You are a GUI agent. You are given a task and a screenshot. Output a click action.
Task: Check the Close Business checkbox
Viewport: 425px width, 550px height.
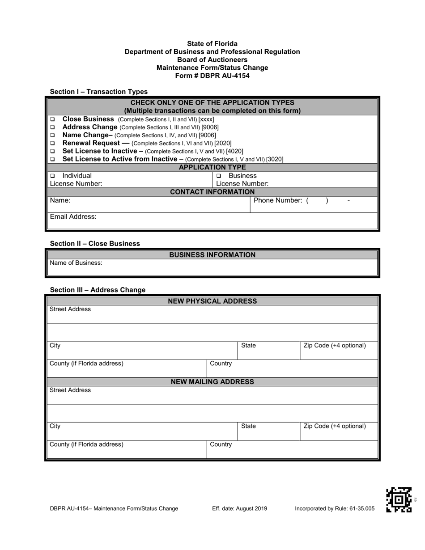pyautogui.click(x=52, y=120)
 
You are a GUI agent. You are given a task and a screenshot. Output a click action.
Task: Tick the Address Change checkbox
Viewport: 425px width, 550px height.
pyautogui.click(x=52, y=127)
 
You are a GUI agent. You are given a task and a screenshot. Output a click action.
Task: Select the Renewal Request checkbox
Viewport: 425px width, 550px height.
pyautogui.click(x=52, y=144)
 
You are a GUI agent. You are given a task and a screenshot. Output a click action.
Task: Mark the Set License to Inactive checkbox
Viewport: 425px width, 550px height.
pyautogui.click(x=52, y=151)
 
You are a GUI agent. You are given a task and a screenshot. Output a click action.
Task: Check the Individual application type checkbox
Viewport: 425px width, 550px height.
pyautogui.click(x=52, y=176)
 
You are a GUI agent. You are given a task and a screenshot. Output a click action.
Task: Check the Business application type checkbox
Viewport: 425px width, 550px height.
pyautogui.click(x=219, y=176)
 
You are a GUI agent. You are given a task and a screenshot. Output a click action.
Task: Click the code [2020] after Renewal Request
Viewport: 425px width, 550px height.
pyautogui.click(x=223, y=144)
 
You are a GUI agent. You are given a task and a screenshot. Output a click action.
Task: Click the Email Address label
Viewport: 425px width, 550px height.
pyautogui.click(x=73, y=217)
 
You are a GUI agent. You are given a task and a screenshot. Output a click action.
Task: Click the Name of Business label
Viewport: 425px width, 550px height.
pyautogui.click(x=76, y=263)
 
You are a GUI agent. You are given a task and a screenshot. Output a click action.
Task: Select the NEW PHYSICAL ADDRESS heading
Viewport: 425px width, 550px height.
pyautogui.click(x=212, y=301)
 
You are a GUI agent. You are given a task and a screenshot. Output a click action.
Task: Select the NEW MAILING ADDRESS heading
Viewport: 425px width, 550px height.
pyautogui.click(x=212, y=382)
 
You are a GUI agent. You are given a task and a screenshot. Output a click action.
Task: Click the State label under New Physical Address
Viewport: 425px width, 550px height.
pyautogui.click(x=248, y=346)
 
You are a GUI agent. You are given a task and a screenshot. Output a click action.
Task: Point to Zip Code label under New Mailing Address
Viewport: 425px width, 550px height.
pyautogui.click(x=334, y=426)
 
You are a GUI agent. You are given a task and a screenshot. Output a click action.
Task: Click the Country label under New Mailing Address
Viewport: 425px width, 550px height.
pyautogui.click(x=221, y=444)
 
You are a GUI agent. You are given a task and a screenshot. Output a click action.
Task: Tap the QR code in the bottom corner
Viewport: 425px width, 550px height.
pyautogui.click(x=399, y=499)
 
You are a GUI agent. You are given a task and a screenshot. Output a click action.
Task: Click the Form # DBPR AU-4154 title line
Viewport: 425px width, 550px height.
pyautogui.click(x=212, y=76)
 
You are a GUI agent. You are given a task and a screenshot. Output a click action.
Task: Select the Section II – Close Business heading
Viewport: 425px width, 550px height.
pyautogui.click(x=95, y=244)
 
